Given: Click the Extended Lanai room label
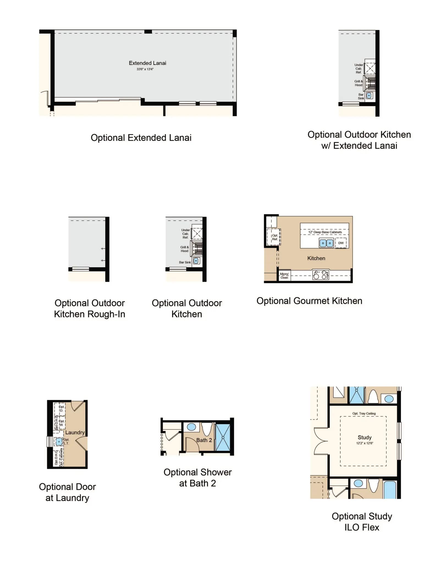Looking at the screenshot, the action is (x=147, y=63).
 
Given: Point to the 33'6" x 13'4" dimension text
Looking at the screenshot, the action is (x=145, y=69).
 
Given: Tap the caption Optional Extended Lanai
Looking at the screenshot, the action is (x=141, y=138).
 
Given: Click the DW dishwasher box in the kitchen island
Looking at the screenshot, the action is (x=341, y=243).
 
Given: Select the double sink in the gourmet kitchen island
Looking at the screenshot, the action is (x=326, y=243).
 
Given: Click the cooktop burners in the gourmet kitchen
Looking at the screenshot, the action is (x=320, y=275).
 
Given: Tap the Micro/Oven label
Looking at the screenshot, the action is (x=284, y=276).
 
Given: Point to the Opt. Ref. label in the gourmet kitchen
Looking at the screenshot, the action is (x=275, y=237).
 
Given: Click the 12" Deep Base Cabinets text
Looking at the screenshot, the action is (x=325, y=232).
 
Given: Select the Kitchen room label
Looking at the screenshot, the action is (x=316, y=258).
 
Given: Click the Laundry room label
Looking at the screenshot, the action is (x=75, y=433).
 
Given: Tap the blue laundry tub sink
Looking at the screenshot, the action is (x=59, y=442).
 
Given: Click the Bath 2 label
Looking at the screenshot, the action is (x=204, y=440).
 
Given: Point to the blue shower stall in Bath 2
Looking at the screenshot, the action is (x=223, y=438).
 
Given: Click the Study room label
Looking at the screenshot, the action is (x=365, y=437).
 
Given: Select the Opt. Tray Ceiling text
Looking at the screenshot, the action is (x=364, y=413).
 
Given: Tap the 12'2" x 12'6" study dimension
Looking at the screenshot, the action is (x=365, y=443).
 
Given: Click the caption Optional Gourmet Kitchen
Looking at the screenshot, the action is (x=309, y=301).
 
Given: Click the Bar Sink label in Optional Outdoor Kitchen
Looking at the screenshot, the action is (x=185, y=262).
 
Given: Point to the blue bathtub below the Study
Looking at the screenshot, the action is (x=390, y=490).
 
